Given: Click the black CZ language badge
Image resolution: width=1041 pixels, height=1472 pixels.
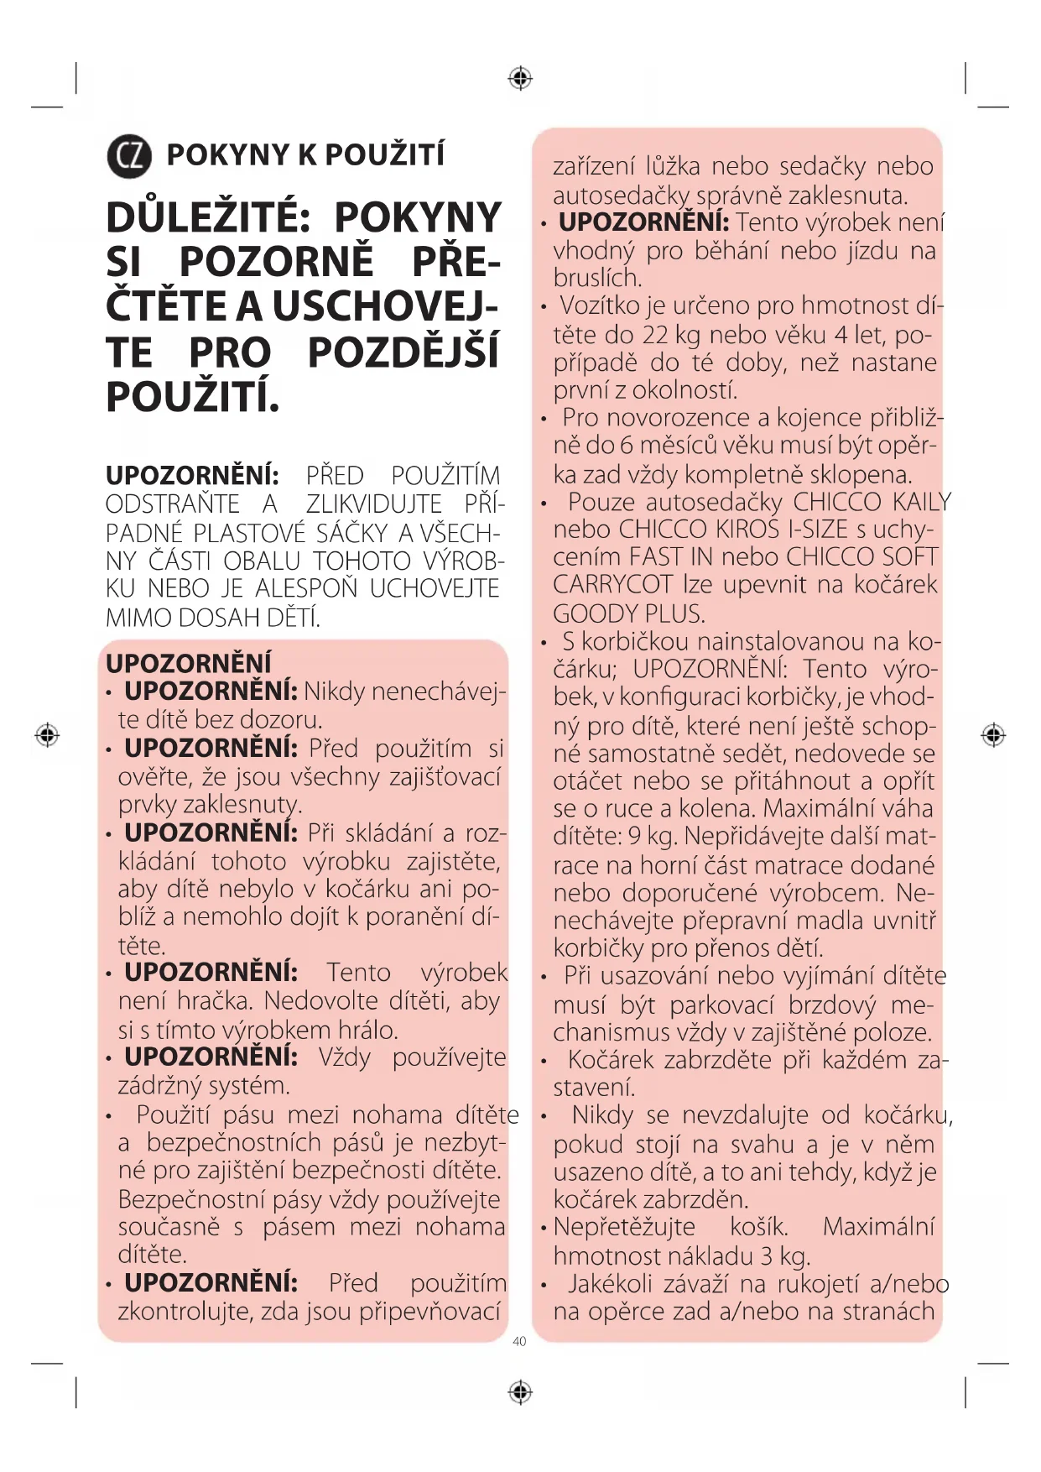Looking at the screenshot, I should pyautogui.click(x=129, y=156).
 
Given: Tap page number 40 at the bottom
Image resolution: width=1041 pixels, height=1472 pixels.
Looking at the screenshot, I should pyautogui.click(x=519, y=1341).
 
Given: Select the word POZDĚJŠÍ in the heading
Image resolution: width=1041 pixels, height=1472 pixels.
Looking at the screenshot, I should pyautogui.click(x=403, y=352).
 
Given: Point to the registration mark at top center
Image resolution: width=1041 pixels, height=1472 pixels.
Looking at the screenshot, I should pyautogui.click(x=520, y=79).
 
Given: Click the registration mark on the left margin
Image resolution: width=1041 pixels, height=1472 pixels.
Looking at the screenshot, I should pyautogui.click(x=47, y=735).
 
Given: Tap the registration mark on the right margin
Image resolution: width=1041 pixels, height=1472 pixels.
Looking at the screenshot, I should pyautogui.click(x=993, y=735).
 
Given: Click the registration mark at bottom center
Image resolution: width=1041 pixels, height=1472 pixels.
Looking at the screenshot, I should pyautogui.click(x=520, y=1392).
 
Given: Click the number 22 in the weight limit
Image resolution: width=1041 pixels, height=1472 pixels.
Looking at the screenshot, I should pyautogui.click(x=655, y=335).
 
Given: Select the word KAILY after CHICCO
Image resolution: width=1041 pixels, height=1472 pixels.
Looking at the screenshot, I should pyautogui.click(x=921, y=502).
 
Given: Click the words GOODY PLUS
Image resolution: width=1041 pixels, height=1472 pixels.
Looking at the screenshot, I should pyautogui.click(x=628, y=613).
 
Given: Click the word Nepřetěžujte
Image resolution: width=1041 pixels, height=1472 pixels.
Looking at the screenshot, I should pyautogui.click(x=624, y=1227).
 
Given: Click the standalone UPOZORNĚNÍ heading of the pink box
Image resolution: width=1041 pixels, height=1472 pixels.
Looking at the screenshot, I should pyautogui.click(x=189, y=664).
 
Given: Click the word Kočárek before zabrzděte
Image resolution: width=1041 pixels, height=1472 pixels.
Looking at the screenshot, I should pyautogui.click(x=611, y=1060).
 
